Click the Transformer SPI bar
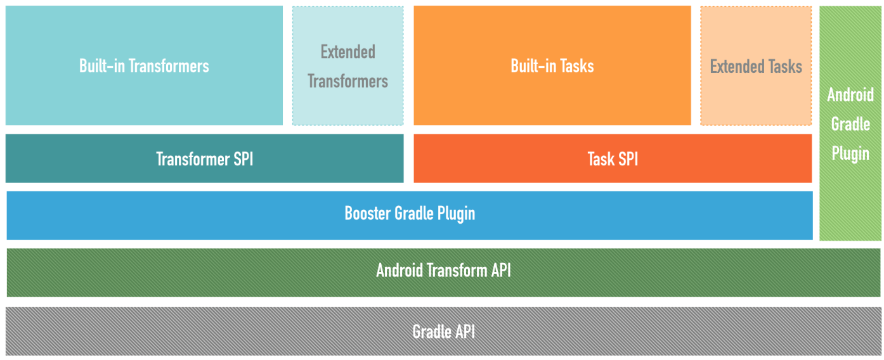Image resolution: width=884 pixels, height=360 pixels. [204, 158]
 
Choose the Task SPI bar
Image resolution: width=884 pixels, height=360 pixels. [613, 158]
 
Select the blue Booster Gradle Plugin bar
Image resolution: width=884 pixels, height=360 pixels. [410, 214]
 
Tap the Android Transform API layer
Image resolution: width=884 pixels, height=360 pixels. [443, 271]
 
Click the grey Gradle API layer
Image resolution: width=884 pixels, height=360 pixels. [443, 331]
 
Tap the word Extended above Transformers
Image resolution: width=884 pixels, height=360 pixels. [348, 51]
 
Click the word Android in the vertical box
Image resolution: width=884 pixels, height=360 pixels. [850, 95]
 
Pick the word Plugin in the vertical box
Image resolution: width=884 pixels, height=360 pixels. [850, 153]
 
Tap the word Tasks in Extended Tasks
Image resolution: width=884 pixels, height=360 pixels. [784, 66]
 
